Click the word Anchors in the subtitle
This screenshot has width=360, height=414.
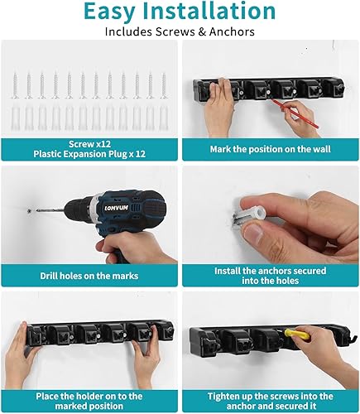(232, 31)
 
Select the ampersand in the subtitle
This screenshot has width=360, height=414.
(202, 32)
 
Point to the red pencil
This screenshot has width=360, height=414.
(295, 113)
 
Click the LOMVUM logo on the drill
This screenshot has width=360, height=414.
(117, 208)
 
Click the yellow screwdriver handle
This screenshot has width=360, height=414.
(298, 335)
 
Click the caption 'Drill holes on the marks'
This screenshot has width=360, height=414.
(89, 276)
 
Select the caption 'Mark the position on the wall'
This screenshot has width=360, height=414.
(270, 149)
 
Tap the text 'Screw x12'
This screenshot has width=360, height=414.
(89, 144)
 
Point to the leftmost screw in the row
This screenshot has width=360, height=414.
(16, 85)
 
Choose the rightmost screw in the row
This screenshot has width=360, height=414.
(164, 85)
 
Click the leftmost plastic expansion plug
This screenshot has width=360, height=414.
(16, 118)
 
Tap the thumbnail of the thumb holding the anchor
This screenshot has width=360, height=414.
(253, 233)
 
